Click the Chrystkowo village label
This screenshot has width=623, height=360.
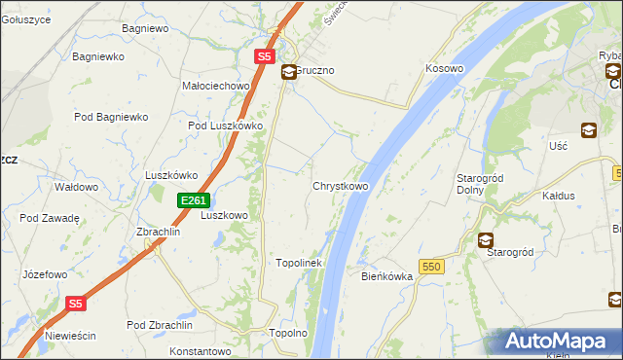(x=340, y=186)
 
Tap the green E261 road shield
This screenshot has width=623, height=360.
(x=193, y=200)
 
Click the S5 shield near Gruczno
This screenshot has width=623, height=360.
(x=264, y=57)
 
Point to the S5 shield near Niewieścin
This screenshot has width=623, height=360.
(x=77, y=304)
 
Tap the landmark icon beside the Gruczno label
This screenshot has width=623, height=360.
(x=289, y=72)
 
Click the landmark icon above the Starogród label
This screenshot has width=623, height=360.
(x=485, y=239)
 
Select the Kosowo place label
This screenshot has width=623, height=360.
(x=444, y=69)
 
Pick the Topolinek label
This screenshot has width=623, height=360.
(x=299, y=263)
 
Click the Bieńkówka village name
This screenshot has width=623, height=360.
(x=387, y=276)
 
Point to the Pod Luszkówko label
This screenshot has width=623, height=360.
(x=226, y=126)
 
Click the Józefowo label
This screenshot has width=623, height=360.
(x=45, y=274)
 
